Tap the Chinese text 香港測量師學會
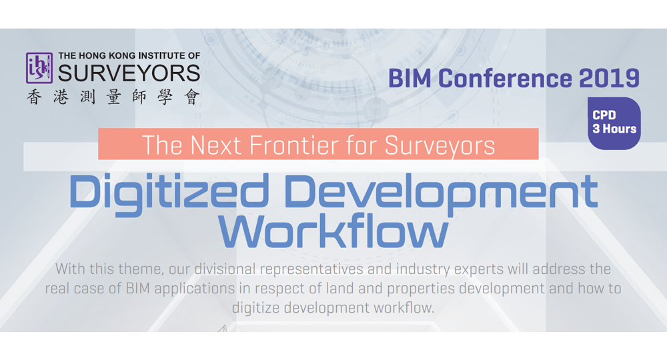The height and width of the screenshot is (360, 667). click(x=113, y=97)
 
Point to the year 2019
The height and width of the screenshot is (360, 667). click(x=609, y=78)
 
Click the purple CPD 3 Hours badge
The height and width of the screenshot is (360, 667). click(x=614, y=123)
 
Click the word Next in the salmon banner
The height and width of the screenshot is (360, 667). click(x=211, y=145)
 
